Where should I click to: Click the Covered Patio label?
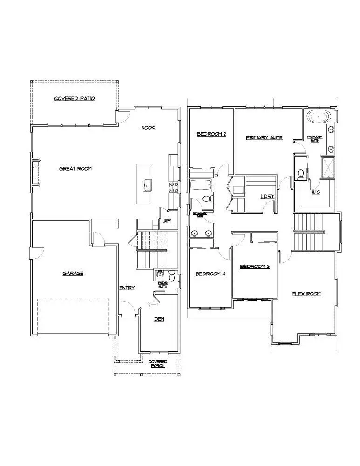[75, 99]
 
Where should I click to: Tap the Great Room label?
[75, 169]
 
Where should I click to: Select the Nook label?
[149, 128]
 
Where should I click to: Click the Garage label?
[73, 274]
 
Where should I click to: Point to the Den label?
[159, 319]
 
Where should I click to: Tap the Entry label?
[127, 288]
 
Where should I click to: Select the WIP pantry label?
[166, 221]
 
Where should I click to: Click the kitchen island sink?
[146, 185]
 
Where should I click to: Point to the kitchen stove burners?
[173, 187]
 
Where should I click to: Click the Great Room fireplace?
[36, 173]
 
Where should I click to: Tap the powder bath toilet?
[171, 277]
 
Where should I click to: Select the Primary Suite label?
[264, 137]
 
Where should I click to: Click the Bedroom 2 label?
[211, 134]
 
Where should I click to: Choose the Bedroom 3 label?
[255, 267]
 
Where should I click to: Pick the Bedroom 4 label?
[210, 274]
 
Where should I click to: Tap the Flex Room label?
[306, 294]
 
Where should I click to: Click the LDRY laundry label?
[267, 196]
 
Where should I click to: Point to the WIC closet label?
[316, 192]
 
